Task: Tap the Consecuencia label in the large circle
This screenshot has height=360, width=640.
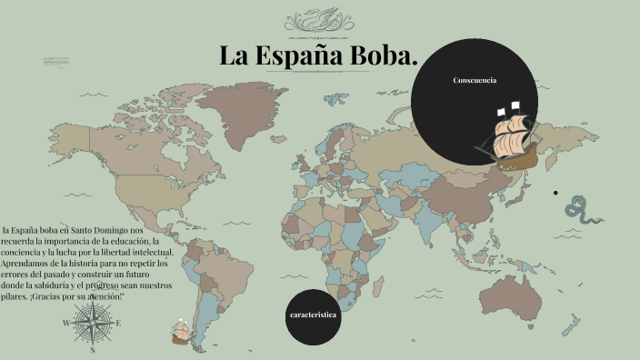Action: [x=475, y=81]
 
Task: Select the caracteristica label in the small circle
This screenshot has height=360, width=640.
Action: [x=313, y=314]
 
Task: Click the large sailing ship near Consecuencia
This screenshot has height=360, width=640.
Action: [x=509, y=137]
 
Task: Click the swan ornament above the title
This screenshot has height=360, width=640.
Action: [x=318, y=19]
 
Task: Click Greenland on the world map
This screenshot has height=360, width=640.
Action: [x=244, y=101]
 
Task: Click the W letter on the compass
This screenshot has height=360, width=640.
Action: [x=66, y=323]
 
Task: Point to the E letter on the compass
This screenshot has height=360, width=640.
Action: [x=118, y=322]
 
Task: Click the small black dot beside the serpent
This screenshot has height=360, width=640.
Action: [x=555, y=193]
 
